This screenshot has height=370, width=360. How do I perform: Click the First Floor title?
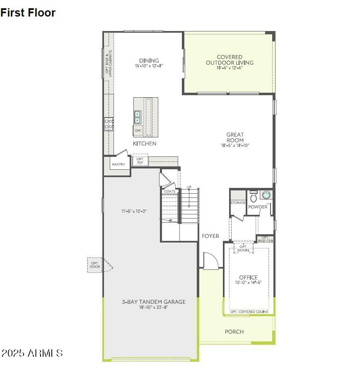point(28,12)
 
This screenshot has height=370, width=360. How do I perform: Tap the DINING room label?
point(149,61)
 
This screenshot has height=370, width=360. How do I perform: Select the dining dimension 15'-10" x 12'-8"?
point(149,66)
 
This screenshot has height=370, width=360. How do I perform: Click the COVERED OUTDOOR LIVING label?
point(230,60)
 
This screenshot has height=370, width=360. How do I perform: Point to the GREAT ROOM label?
point(235,137)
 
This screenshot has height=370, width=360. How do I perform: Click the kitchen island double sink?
point(138,117)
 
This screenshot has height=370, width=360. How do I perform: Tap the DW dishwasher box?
point(138,130)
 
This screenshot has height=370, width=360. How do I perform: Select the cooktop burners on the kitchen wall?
point(109,124)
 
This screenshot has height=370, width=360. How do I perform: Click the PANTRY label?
point(118,164)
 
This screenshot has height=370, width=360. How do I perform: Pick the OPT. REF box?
point(140,161)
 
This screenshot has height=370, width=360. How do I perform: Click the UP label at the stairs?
point(189,187)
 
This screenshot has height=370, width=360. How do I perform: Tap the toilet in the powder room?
point(253,197)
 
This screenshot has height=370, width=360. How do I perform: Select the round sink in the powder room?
point(266,195)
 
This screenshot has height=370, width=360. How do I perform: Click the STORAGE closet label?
point(238,203)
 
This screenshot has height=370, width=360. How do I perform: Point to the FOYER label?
point(210,236)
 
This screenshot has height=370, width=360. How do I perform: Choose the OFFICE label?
point(248,277)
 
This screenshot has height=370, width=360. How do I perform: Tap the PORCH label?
point(234,332)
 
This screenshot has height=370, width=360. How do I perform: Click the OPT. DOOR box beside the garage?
point(95,265)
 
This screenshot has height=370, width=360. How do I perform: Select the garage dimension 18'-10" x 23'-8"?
point(154,307)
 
